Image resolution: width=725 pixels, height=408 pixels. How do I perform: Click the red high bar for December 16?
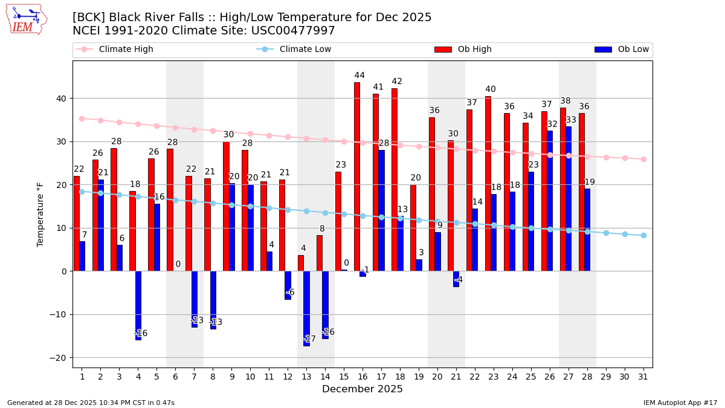coord(357,176)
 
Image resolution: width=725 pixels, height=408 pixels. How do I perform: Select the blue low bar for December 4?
coord(138,305)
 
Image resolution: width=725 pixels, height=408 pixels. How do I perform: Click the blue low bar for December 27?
coord(569,199)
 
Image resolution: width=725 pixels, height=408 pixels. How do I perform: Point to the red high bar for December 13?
coord(301,264)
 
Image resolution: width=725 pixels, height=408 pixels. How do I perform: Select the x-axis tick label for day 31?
coord(643,377)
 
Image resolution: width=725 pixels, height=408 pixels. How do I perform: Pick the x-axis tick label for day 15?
coord(344,377)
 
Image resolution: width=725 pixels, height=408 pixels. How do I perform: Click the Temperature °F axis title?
coord(41,214)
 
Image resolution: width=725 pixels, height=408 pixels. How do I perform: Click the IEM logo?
coord(26,19)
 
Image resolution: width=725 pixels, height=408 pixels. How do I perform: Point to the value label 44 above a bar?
coord(359,76)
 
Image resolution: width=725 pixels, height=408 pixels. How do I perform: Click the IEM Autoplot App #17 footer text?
coord(680,403)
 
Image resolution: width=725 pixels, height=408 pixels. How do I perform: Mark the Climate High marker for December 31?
coord(643,159)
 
